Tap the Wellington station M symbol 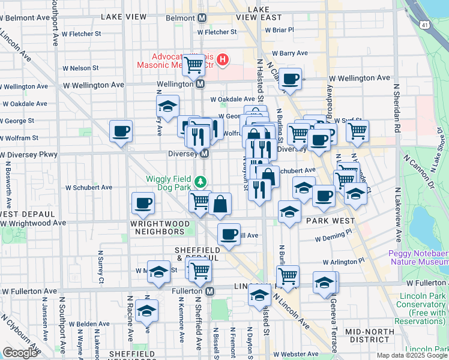click(x=200, y=85)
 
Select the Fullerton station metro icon click(x=209, y=291)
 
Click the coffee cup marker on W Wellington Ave click(x=290, y=79)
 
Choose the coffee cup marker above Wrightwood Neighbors click(x=143, y=203)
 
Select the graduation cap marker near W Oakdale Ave click(x=167, y=107)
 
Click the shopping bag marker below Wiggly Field click(x=220, y=205)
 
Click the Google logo click(x=20, y=353)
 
